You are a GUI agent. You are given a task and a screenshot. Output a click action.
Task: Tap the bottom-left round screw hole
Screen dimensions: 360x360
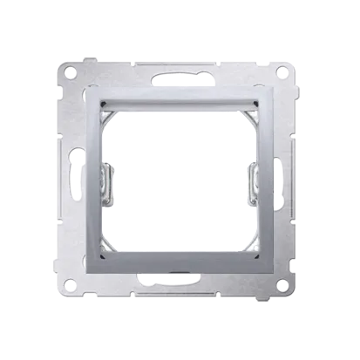coord(69,289)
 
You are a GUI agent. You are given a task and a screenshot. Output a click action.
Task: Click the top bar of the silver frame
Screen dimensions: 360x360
coord(180,97)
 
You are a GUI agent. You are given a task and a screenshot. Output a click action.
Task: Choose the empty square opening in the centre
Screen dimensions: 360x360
coord(180,179)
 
